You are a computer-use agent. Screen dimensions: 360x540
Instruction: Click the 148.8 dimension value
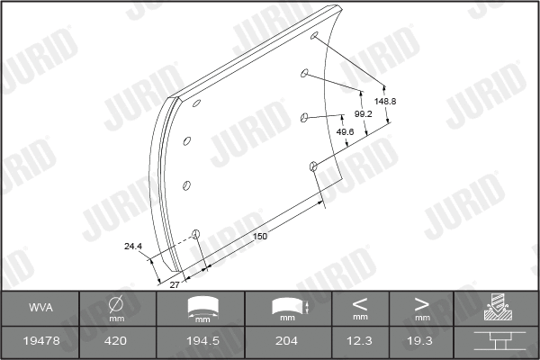[384, 101]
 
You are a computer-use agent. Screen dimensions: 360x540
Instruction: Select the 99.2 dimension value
[364, 115]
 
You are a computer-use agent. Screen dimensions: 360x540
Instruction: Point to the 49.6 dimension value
[344, 131]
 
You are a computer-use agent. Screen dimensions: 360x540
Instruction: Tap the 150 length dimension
[260, 236]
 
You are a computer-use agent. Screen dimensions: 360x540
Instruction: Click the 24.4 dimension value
[133, 245]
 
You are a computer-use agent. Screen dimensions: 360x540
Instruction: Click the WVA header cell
[40, 308]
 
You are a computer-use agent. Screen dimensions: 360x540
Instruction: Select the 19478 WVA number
[40, 342]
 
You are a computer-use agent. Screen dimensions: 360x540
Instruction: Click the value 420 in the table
[117, 342]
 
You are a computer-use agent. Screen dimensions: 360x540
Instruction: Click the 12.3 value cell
[360, 342]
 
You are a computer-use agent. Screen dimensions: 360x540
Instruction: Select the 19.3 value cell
[421, 342]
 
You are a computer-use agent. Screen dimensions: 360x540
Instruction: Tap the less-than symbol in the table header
[360, 303]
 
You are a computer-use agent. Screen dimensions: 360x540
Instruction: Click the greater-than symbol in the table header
[421, 303]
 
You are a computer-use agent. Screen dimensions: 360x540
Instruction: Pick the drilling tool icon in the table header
[496, 308]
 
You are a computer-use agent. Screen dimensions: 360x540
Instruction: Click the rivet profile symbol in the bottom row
[496, 342]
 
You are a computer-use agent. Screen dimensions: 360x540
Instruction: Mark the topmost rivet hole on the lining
[314, 37]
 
